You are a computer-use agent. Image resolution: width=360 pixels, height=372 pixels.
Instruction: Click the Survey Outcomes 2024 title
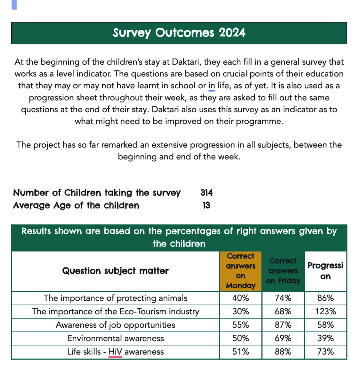179,33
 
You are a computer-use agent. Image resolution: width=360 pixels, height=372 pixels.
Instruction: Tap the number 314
206,193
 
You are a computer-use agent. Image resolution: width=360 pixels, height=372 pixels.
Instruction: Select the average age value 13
206,206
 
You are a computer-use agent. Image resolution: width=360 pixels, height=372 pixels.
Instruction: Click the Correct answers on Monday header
241,271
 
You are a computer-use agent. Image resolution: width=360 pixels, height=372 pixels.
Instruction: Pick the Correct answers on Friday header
283,271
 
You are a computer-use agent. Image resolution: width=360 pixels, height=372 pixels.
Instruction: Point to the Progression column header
325,271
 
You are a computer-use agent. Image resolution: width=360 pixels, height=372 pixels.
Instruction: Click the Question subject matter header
115,271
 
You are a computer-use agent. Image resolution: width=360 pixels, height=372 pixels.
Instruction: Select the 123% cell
325,311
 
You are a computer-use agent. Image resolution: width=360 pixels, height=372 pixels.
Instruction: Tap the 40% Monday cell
241,298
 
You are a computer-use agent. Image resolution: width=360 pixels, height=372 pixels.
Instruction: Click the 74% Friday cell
283,298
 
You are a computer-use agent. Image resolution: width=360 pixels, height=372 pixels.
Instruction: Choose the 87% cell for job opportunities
283,325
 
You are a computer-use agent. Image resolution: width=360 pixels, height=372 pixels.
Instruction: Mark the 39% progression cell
325,338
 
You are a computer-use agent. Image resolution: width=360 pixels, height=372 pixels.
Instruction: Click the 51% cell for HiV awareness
241,352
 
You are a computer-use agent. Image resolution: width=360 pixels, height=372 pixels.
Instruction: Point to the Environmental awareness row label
115,338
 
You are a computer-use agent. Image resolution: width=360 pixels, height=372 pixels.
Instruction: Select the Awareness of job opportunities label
115,325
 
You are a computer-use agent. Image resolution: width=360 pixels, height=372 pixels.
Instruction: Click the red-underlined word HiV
115,352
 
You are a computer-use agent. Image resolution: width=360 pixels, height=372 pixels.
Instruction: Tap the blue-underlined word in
212,85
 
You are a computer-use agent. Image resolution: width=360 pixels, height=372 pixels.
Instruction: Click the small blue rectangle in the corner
14,5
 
